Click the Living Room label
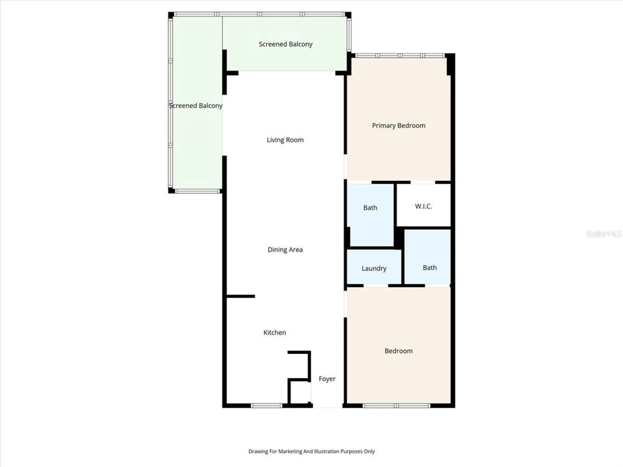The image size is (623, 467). tap(285, 140)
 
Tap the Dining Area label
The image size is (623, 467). tap(285, 250)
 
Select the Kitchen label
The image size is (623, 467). tap(274, 333)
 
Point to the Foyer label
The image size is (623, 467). tap(327, 379)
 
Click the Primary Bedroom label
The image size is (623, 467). tap(398, 125)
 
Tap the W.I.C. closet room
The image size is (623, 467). tap(423, 206)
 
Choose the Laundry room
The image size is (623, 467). tap(374, 268)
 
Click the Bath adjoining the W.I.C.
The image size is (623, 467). tap(370, 208)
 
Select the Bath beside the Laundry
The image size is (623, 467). tap(430, 268)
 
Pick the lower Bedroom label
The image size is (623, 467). tap(398, 351)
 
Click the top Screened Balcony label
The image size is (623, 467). tap(285, 44)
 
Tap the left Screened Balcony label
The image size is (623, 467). tap(196, 106)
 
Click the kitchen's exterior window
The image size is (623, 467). tap(266, 405)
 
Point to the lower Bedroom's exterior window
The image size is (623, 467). tap(396, 405)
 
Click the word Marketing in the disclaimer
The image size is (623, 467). tap(290, 451)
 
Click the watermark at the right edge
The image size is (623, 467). tap(603, 234)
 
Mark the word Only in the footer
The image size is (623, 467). tap(369, 451)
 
